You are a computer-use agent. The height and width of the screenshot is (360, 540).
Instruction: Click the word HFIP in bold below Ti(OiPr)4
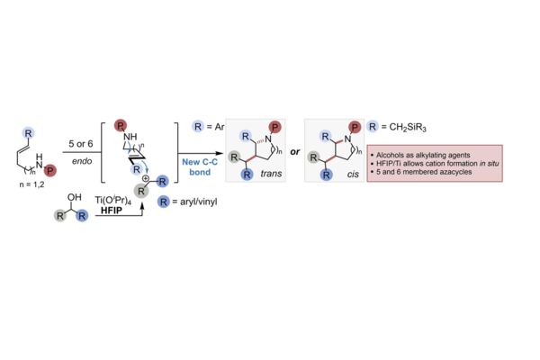(x=112, y=210)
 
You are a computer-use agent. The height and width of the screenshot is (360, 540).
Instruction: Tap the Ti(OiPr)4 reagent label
(x=113, y=200)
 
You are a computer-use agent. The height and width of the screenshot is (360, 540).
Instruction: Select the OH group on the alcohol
(x=75, y=197)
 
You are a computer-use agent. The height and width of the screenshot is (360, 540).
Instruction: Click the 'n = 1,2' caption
(x=31, y=184)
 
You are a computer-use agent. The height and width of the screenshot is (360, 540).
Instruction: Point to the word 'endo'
(x=82, y=161)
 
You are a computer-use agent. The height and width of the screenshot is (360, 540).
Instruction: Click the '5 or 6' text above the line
(x=81, y=144)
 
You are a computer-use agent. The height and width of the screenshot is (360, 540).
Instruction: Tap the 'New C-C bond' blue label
(x=200, y=166)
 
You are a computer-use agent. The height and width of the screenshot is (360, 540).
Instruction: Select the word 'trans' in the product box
(x=271, y=174)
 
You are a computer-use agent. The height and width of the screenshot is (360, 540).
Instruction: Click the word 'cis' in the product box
(x=353, y=175)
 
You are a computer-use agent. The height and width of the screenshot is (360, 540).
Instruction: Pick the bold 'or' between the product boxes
(x=295, y=152)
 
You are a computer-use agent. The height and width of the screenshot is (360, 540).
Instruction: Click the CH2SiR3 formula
(x=408, y=128)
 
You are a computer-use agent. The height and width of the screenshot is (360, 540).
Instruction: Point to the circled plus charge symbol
(x=146, y=178)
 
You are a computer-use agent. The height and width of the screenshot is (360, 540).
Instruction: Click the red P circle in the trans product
(x=274, y=127)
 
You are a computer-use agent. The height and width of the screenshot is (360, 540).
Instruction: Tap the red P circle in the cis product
(x=355, y=128)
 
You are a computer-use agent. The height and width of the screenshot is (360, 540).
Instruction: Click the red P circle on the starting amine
(x=50, y=170)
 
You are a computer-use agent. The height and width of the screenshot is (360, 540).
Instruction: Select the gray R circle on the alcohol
(x=60, y=216)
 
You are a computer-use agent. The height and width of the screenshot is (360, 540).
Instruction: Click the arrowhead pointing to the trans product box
(x=220, y=153)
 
